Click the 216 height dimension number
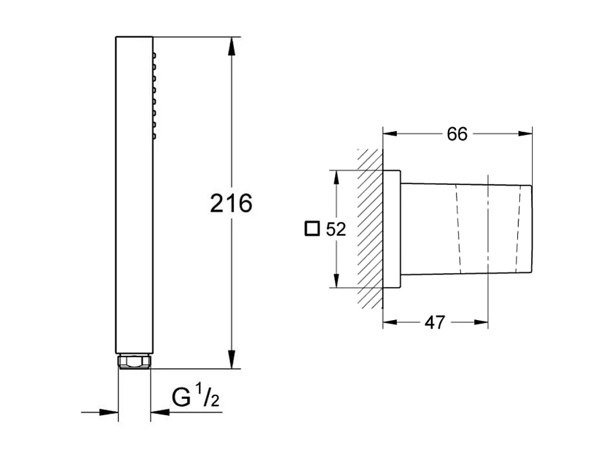point(231,202)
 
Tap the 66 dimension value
point(457,134)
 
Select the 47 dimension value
point(435,323)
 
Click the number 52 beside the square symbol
point(336,230)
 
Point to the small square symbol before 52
point(311,229)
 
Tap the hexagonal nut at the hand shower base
point(135,362)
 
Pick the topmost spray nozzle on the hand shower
point(154,54)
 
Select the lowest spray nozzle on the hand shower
point(154,137)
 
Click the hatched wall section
point(370,229)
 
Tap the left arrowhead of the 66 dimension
point(391,134)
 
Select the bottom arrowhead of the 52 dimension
point(334,281)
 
